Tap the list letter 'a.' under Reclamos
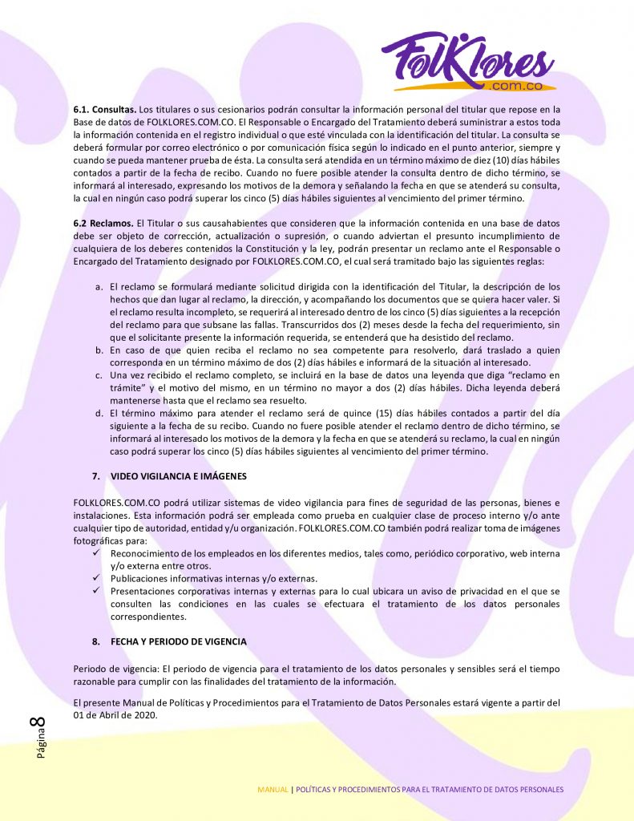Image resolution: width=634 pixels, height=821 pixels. (99, 286)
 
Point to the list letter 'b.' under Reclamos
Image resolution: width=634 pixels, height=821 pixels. (99, 350)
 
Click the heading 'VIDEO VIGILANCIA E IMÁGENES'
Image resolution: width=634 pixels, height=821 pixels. (178, 476)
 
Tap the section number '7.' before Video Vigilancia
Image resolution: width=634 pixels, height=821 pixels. (95, 476)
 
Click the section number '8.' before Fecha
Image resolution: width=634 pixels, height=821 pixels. (95, 642)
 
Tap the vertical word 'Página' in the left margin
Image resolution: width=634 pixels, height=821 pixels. (39, 746)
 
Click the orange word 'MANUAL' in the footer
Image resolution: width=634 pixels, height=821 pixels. (273, 790)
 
